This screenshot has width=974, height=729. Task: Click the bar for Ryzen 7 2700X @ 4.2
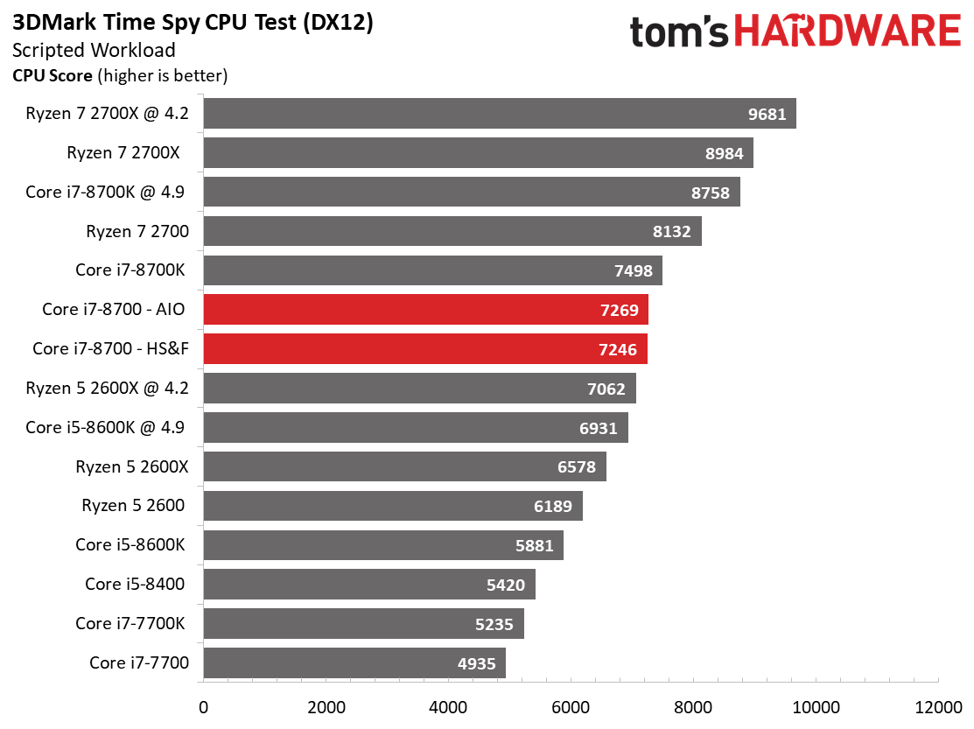pos(499,114)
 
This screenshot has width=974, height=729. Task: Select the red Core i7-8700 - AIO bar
pos(425,310)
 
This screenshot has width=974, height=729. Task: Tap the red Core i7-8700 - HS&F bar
pos(424,349)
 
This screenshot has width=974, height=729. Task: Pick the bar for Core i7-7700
pos(354,662)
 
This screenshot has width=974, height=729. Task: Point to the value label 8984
pos(724,153)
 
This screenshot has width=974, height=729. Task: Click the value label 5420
pos(506,584)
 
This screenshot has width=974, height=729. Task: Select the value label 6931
pos(599,428)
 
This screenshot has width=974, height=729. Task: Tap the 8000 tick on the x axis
pos(693,707)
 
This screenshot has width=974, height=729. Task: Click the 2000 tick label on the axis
pos(326,707)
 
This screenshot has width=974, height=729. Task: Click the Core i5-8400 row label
pos(135,584)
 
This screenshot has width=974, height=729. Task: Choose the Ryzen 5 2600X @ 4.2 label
pos(108,388)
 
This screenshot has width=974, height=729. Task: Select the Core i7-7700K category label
pos(130,623)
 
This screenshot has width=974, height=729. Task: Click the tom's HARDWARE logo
pos(795,32)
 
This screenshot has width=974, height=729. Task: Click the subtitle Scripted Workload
pos(94,51)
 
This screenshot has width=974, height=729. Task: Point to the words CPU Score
pos(52,76)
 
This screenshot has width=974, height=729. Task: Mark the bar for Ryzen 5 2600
pos(392,506)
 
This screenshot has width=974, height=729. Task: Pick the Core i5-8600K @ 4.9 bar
pos(415,428)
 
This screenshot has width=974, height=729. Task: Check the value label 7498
pos(634,270)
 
